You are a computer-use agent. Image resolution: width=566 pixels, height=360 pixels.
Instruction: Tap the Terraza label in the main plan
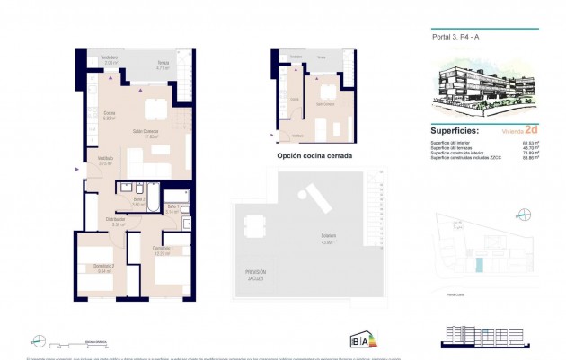click(x=163, y=65)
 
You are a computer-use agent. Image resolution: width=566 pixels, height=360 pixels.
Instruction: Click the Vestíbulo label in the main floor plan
click(x=105, y=162)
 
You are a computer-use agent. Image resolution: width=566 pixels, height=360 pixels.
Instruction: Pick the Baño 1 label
click(x=172, y=209)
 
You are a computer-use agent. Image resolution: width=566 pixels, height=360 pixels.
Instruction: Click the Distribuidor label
click(x=116, y=221)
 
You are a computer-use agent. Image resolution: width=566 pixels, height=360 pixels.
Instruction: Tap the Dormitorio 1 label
click(x=162, y=251)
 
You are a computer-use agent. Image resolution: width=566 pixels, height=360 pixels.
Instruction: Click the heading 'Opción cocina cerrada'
click(x=314, y=155)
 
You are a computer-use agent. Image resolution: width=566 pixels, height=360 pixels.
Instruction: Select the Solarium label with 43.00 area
click(x=309, y=239)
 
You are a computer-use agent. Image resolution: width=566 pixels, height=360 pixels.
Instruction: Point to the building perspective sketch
click(x=483, y=90)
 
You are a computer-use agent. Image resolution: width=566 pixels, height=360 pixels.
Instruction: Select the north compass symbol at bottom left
click(x=38, y=340)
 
